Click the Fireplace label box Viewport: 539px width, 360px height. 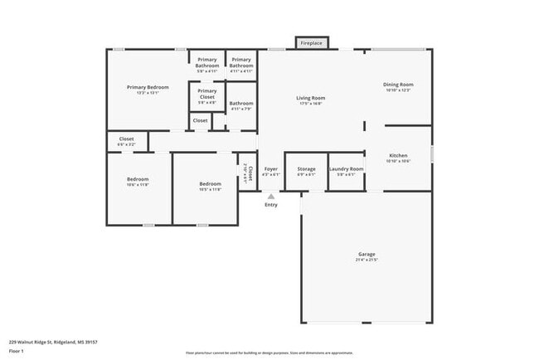pos(311,42)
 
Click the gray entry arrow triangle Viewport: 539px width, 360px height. pos(271,196)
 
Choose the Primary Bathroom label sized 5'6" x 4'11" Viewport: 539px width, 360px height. pos(207,62)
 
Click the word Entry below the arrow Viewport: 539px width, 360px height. pos(271,205)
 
